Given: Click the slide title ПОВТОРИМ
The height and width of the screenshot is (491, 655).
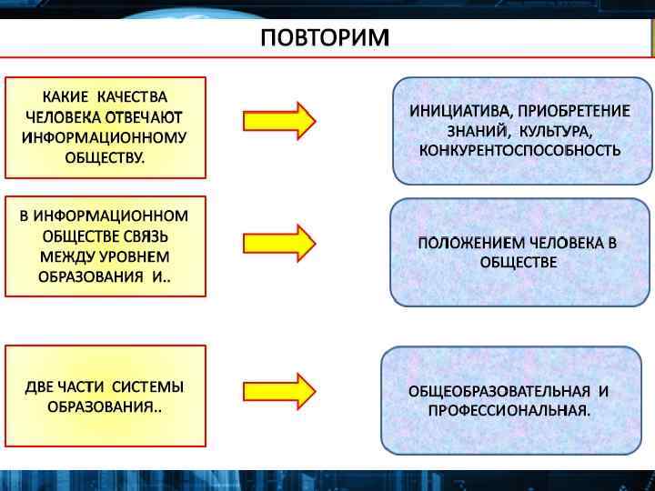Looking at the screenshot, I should (x=324, y=38).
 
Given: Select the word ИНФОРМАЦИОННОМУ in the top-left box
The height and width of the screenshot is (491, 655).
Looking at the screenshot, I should (x=105, y=137).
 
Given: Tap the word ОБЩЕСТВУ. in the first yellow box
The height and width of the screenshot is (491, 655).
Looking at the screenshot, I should (x=105, y=157).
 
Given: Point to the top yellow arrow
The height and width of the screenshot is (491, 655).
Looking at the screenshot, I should (x=278, y=120).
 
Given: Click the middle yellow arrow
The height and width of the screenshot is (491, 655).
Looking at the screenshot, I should (x=278, y=242).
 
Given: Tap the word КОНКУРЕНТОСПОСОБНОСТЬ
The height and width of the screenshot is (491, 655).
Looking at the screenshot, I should (x=520, y=149).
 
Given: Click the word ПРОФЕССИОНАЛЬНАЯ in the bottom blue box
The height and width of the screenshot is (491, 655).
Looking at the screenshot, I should (x=508, y=411).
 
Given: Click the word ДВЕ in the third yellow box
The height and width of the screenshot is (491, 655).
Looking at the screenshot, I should (x=39, y=386).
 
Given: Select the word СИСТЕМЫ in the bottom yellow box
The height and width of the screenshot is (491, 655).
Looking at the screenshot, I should (x=148, y=386).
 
